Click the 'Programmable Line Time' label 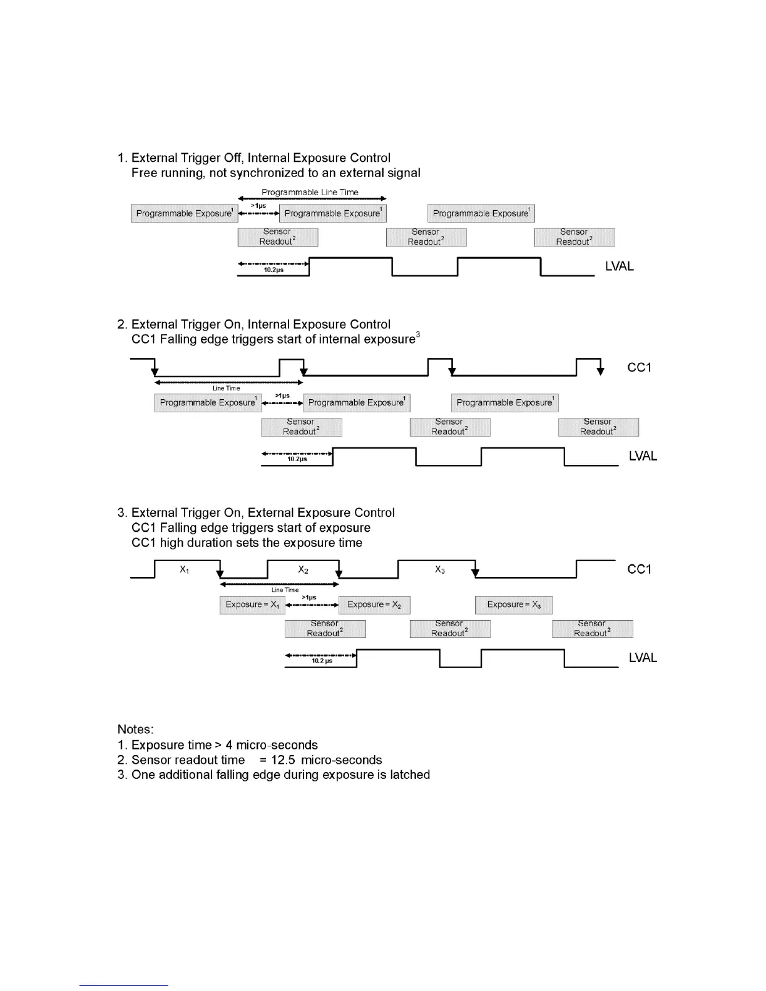[310, 192]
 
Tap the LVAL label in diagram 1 [619, 267]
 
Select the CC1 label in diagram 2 [639, 367]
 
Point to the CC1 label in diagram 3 [639, 569]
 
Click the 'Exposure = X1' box [252, 605]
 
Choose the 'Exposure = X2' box [374, 605]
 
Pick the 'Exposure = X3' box [513, 605]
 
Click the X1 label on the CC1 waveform [184, 570]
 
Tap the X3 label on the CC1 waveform [440, 570]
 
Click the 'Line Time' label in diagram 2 [226, 389]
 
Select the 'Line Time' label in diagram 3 [285, 590]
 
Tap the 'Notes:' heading [135, 729]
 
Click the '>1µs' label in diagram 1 [258, 205]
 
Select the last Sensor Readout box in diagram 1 [574, 237]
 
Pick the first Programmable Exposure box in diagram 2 [207, 403]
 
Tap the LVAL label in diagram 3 [643, 658]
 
